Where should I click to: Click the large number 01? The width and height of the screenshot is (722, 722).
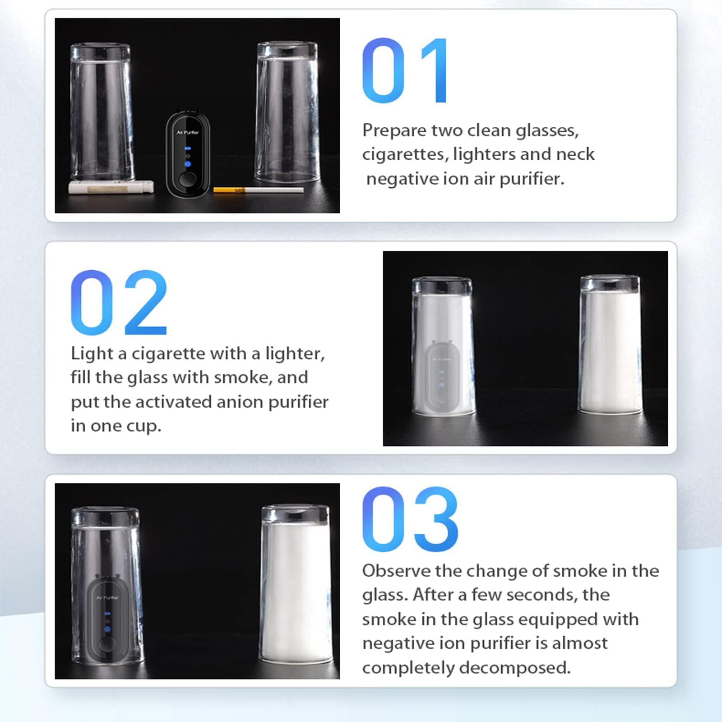click(405, 70)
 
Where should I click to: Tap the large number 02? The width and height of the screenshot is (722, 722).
click(119, 302)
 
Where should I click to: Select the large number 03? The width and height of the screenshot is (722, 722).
click(410, 519)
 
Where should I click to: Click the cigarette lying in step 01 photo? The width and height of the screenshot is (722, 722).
click(258, 190)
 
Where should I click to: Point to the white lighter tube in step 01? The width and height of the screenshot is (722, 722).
click(111, 187)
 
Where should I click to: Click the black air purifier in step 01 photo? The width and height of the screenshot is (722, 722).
click(188, 153)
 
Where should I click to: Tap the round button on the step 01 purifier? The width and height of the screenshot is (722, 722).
click(187, 179)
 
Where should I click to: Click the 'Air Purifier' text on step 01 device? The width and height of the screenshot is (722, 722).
click(188, 132)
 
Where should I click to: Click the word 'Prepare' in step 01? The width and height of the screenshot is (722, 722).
click(394, 131)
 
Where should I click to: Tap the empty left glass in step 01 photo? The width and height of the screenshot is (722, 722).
click(102, 113)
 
